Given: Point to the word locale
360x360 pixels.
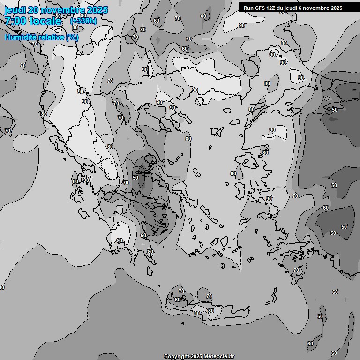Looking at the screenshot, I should tap(46, 22).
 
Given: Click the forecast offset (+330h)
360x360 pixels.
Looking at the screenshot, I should tap(83, 21).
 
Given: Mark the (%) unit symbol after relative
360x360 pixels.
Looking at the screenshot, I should tap(72, 37).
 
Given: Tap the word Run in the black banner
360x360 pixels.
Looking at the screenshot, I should tap(249, 8).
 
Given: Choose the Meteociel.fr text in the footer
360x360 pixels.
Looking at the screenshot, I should tap(219, 356).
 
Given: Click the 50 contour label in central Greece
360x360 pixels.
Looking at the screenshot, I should tap(135, 178).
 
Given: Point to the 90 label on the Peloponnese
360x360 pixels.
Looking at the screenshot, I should tap(120, 240).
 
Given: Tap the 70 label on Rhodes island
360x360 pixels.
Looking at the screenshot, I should tap(296, 270).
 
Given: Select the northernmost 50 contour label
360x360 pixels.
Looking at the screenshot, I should tap(335, 110).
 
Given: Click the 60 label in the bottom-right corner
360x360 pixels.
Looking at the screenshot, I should tap(334, 353).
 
